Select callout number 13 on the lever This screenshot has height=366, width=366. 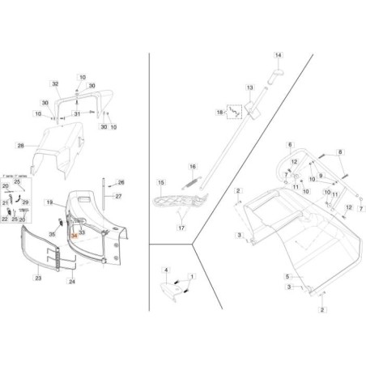tap(250, 87)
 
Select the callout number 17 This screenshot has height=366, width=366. tap(183, 228)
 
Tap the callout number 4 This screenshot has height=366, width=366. tap(166, 268)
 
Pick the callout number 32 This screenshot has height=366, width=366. tap(56, 84)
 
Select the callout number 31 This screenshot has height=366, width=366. tap(78, 113)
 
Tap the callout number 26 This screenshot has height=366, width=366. tap(121, 182)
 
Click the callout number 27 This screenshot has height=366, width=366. tap(118, 196)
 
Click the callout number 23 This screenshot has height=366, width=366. tap(37, 278)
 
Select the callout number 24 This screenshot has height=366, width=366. tap(72, 281)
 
